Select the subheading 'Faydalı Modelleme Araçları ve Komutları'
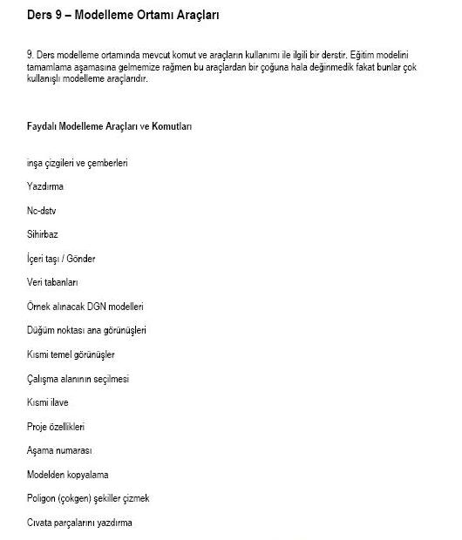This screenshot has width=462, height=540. [x=110, y=126]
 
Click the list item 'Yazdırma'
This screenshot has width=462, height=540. [x=45, y=186]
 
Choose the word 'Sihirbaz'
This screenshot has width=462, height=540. [x=43, y=234]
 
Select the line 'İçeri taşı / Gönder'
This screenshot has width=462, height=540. [x=61, y=259]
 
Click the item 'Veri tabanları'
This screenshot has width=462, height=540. [x=53, y=283]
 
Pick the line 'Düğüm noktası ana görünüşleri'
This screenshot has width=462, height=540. [x=87, y=331]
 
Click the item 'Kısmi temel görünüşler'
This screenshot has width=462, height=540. [x=71, y=354]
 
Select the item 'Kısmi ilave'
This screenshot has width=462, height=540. [x=48, y=402]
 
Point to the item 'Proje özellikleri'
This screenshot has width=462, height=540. [x=56, y=427]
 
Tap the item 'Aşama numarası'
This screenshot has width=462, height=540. [x=59, y=451]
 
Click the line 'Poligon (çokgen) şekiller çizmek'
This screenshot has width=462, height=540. [x=89, y=499]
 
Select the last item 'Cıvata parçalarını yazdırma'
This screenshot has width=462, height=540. [x=79, y=523]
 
